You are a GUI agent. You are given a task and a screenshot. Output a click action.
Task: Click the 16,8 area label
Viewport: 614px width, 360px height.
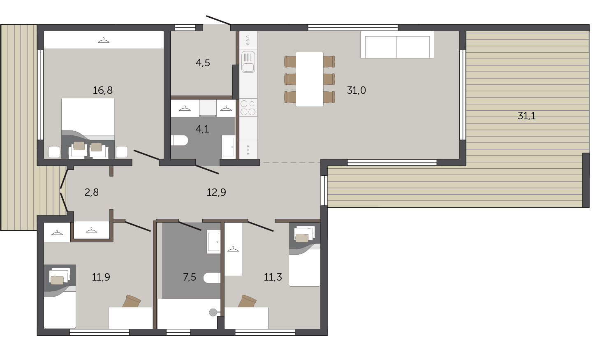[102, 90]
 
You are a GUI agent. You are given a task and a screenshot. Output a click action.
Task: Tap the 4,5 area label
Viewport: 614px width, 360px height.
[203, 63]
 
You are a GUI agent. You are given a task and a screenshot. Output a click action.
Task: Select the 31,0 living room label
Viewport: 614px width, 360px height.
[356, 90]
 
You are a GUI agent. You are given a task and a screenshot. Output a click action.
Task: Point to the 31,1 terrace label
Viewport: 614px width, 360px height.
[526, 116]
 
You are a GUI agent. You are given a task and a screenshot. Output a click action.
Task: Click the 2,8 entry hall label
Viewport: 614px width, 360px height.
[92, 193]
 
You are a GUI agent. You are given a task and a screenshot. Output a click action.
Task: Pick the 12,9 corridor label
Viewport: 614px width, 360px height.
[216, 193]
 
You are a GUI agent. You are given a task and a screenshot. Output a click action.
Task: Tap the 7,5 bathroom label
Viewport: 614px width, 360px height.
[190, 277]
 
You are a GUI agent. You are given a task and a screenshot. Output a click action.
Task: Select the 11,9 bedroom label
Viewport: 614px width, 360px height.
[101, 277]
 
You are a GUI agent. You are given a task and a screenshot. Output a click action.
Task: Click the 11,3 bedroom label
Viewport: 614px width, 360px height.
[273, 277]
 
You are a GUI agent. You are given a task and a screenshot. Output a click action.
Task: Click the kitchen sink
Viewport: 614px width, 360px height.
[248, 62]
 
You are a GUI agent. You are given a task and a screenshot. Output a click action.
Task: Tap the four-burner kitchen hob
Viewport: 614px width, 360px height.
[248, 107]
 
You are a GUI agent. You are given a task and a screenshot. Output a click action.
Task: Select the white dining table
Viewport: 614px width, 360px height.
[309, 79]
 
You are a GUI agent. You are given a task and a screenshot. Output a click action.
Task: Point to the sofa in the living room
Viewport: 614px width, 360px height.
[397, 45]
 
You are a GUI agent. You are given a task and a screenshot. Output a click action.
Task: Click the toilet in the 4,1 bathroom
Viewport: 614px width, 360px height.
[180, 140]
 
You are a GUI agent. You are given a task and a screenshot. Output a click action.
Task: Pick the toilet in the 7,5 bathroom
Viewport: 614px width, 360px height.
[212, 278]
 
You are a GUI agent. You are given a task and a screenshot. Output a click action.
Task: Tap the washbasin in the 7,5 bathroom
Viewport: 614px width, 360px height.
[213, 242]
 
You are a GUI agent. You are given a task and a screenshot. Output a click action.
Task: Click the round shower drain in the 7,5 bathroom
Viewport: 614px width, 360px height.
[213, 312]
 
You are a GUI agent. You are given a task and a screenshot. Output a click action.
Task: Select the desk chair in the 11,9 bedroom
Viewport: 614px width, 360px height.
[132, 301]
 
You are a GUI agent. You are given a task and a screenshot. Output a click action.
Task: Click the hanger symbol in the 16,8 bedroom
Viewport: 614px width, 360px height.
[104, 41]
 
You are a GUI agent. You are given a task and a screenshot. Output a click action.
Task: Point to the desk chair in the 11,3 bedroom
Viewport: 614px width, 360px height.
[247, 301]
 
